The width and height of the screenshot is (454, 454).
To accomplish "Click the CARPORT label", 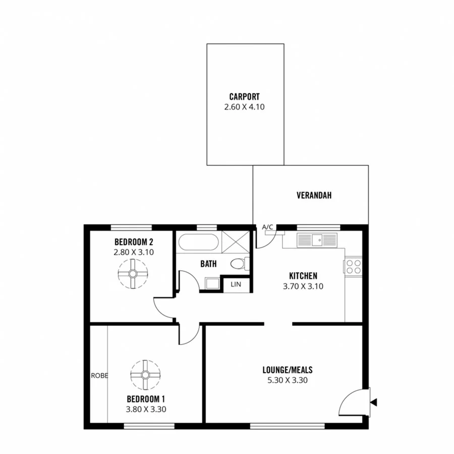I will [244, 96].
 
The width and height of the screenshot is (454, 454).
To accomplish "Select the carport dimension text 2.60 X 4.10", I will [244, 106].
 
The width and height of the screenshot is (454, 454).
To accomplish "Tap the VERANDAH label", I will [314, 196].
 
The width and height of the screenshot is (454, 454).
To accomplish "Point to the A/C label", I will [267, 227].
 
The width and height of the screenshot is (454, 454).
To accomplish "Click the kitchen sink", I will [317, 239].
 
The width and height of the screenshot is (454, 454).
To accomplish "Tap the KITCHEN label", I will [303, 276].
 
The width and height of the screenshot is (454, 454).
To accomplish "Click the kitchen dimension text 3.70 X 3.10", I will [303, 286].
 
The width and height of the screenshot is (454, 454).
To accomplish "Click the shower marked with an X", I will [236, 242].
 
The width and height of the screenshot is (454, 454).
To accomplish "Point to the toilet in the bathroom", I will [239, 263].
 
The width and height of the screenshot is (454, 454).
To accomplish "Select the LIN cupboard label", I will [236, 285].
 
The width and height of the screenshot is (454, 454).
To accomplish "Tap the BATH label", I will [208, 263].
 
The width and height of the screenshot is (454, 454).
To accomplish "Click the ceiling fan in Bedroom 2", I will [133, 273].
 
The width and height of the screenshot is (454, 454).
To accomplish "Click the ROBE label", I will [99, 376].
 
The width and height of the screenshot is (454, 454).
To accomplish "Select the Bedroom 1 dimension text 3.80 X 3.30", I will [145, 409].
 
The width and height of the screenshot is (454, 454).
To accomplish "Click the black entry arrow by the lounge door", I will [373, 402].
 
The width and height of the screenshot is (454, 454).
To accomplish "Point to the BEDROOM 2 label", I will [133, 241].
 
